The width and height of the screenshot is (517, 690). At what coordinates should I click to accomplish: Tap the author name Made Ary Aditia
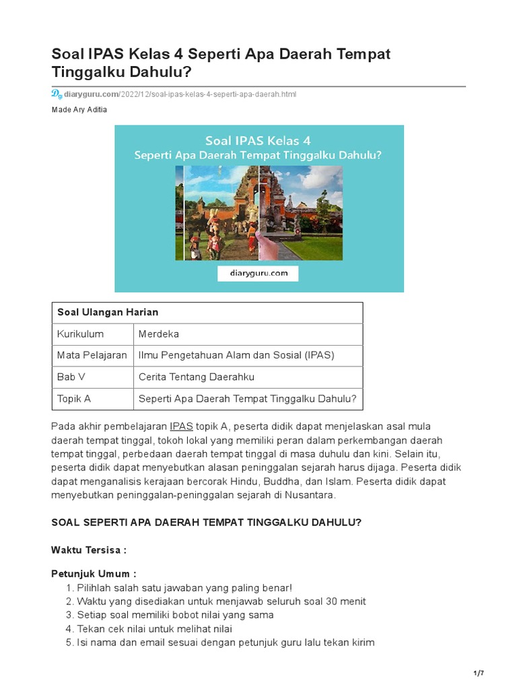tap(79, 110)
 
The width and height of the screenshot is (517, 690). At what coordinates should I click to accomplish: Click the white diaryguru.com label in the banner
tap(258, 273)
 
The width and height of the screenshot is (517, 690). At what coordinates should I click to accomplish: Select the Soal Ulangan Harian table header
tap(108, 313)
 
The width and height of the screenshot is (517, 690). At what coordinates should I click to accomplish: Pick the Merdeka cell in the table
tap(159, 334)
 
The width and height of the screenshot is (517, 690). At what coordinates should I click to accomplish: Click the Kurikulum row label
tap(80, 334)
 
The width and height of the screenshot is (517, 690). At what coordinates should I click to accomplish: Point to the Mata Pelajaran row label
tap(92, 355)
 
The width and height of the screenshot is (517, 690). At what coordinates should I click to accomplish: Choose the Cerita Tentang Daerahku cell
tap(197, 377)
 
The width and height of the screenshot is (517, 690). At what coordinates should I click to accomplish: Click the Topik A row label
tap(74, 398)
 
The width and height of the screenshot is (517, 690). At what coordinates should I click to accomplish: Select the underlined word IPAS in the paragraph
tap(181, 427)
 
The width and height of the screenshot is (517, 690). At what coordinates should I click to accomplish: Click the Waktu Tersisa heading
tap(89, 550)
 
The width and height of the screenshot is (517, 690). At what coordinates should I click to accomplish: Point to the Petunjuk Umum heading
tap(94, 574)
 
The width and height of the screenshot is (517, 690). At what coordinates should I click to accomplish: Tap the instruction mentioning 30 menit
tap(221, 601)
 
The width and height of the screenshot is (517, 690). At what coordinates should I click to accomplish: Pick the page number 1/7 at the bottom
tap(480, 674)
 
